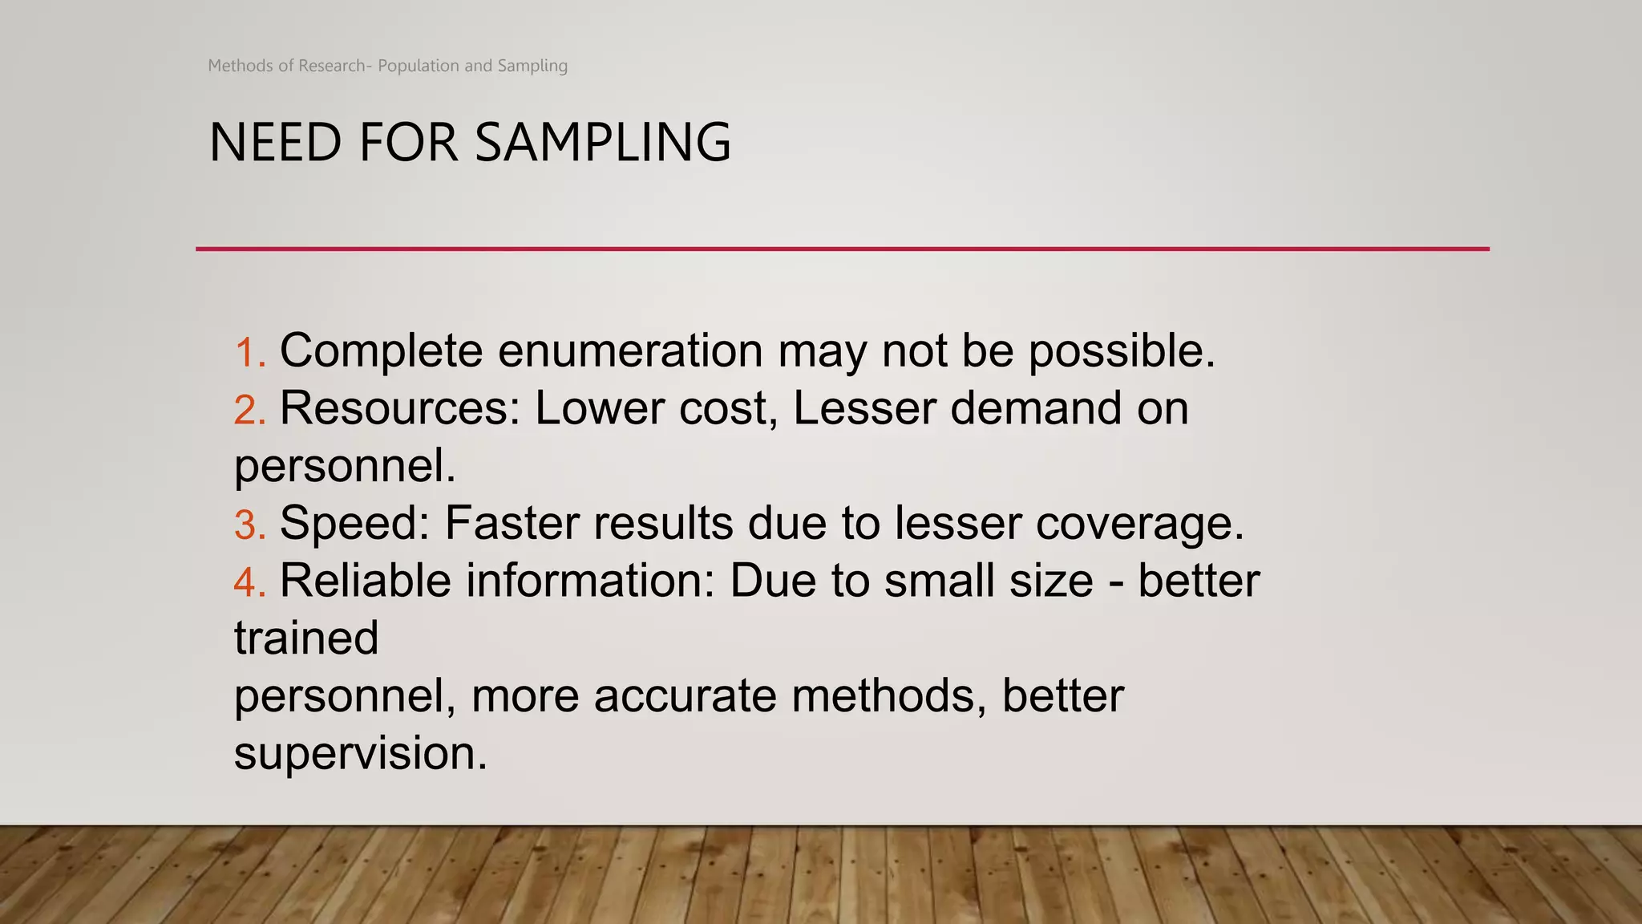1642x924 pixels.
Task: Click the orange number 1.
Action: [249, 353]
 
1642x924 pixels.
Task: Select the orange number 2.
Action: [249, 410]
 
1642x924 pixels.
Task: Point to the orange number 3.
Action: [249, 525]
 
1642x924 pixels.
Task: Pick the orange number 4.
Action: [249, 582]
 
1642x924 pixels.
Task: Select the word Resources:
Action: [400, 408]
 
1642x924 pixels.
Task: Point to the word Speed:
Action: [354, 525]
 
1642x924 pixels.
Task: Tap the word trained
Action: [306, 638]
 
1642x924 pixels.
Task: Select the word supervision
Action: [360, 755]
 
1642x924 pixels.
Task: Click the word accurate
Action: [685, 696]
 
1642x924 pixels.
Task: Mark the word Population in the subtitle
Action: [419, 66]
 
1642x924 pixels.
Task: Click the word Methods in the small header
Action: [240, 66]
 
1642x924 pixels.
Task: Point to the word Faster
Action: [511, 524]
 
